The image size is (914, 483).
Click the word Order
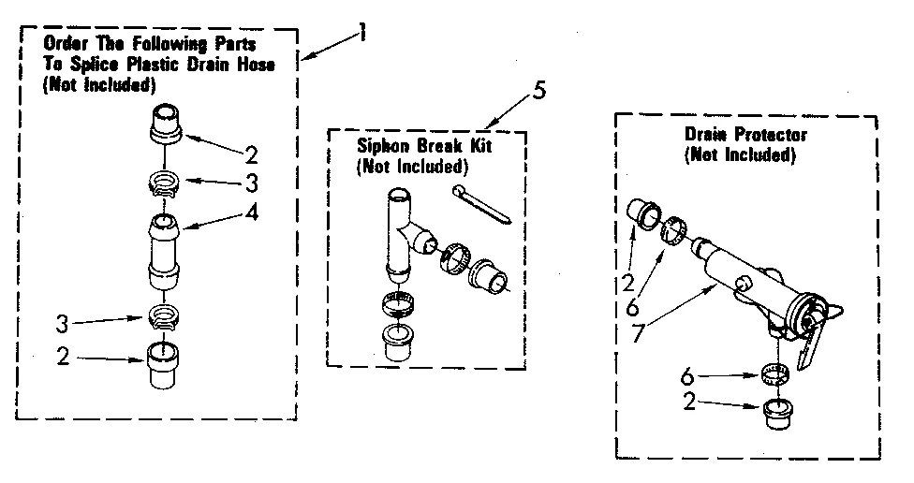(62, 45)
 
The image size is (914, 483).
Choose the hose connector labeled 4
(167, 250)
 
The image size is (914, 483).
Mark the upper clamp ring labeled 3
(166, 177)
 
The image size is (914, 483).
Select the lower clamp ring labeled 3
(166, 316)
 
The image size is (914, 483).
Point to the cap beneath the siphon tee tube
(399, 342)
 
